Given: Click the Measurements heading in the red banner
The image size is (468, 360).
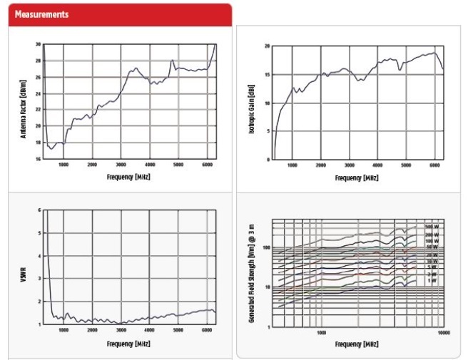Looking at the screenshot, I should [x=41, y=14].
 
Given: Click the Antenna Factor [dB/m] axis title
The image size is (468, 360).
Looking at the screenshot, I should [x=24, y=101].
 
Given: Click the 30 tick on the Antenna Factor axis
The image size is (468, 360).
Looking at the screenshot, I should [x=37, y=44].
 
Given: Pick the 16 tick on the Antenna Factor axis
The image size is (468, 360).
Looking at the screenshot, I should [x=37, y=159].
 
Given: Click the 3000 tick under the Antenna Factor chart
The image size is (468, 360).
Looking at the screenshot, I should [x=121, y=165].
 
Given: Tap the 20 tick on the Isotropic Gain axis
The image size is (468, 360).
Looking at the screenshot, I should [x=266, y=46].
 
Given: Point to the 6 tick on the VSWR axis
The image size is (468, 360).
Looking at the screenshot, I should [x=39, y=210].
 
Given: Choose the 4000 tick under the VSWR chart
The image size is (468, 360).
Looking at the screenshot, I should [x=149, y=329].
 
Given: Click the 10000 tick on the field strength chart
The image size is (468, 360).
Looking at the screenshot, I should [x=443, y=333].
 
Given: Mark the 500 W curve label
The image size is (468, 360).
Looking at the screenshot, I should [x=432, y=226].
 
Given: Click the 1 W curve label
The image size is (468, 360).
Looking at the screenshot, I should [x=432, y=280].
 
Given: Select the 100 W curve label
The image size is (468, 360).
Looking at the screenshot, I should [x=432, y=241].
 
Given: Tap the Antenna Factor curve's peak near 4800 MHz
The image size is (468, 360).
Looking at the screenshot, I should [x=172, y=61].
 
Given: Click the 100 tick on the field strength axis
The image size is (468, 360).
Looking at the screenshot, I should [x=265, y=247].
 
